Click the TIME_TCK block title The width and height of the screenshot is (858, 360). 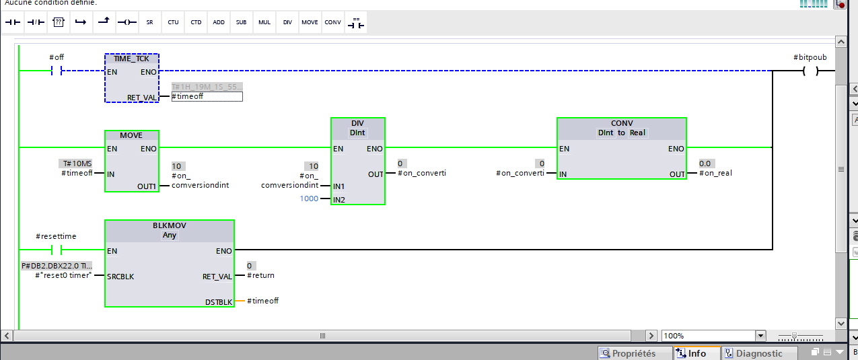click(x=132, y=59)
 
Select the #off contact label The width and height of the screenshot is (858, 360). click(x=57, y=58)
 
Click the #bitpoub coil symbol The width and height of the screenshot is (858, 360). click(x=810, y=71)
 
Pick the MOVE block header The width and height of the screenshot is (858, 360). click(x=132, y=135)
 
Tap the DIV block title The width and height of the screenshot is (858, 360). click(x=357, y=123)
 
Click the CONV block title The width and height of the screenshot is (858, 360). click(x=621, y=123)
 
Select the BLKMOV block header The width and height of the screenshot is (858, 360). click(x=169, y=226)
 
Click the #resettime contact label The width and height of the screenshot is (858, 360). click(x=56, y=237)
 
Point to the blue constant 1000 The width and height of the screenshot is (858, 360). click(x=310, y=199)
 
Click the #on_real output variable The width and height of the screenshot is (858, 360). click(x=715, y=174)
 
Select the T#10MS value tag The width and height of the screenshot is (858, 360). click(x=77, y=164)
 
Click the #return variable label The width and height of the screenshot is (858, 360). click(x=260, y=276)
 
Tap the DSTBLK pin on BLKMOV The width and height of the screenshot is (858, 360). click(x=219, y=302)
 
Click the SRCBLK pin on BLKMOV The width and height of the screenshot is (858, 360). click(x=120, y=277)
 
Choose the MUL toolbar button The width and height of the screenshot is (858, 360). click(x=264, y=22)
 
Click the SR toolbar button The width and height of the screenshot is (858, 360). click(x=149, y=22)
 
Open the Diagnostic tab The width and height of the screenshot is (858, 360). click(x=758, y=353)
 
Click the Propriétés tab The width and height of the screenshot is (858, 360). click(x=634, y=353)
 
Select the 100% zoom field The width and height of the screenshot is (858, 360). click(x=708, y=336)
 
